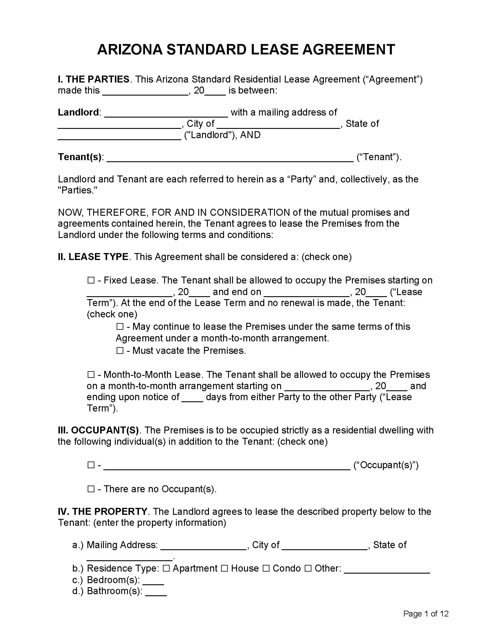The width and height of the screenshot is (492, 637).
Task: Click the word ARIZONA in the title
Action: tap(129, 50)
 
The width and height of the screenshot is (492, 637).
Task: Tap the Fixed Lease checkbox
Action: tap(91, 281)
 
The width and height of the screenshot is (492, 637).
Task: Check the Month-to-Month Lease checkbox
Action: tap(91, 374)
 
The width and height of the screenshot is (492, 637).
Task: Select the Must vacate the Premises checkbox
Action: tap(120, 351)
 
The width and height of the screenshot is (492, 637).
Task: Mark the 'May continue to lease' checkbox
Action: tap(120, 327)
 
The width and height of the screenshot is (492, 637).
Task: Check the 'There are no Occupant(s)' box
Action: tap(91, 489)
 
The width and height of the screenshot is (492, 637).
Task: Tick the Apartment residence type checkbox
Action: tap(166, 568)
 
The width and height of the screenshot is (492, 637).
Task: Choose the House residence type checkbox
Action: tap(224, 568)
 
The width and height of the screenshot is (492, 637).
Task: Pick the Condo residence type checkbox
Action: tap(266, 568)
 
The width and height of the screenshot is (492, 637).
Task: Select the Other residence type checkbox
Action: tap(308, 568)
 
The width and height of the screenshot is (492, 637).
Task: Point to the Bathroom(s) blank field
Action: tap(156, 592)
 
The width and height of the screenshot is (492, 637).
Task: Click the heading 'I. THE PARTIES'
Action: tap(93, 79)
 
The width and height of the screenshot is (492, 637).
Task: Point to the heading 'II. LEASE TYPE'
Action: tap(93, 257)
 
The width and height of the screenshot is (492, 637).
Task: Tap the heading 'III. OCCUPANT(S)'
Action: tap(98, 431)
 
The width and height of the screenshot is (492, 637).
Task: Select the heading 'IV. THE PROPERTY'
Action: tap(102, 512)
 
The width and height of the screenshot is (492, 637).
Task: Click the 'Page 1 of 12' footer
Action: tap(425, 614)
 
